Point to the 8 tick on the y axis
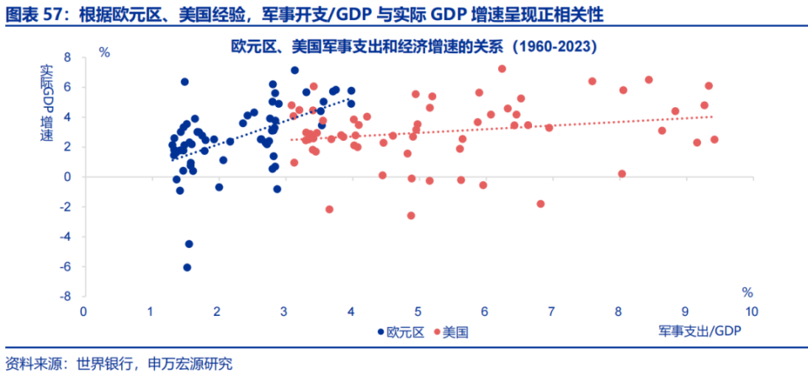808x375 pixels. pos(66,57)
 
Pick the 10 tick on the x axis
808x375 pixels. pos(752,312)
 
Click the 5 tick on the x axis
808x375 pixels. pos(417,312)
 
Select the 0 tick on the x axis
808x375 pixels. pos(82,312)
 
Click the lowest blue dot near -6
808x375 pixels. pos(187,267)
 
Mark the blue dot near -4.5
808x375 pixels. pos(189,244)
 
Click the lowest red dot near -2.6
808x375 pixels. pos(411,216)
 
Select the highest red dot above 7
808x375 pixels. pos(502,69)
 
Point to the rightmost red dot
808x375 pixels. pos(715,140)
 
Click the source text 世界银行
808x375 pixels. pos(104,364)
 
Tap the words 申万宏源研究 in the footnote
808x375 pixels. pos(189,364)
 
